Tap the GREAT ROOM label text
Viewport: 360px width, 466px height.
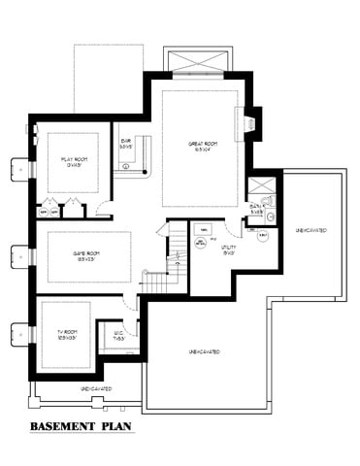(x=201, y=145)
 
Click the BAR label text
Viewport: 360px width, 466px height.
(x=126, y=145)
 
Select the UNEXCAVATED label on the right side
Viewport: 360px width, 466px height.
(x=311, y=231)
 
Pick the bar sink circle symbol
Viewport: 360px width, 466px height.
(x=127, y=167)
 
